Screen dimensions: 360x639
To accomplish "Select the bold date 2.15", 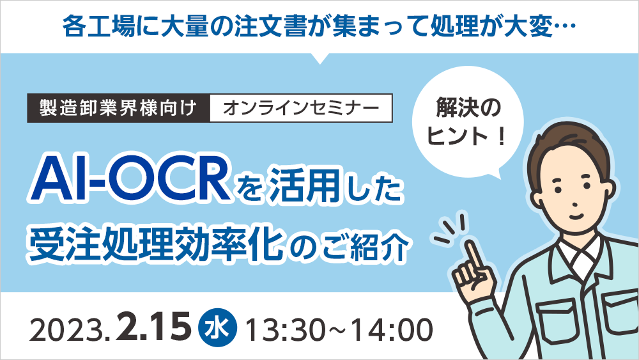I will click(154, 329).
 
